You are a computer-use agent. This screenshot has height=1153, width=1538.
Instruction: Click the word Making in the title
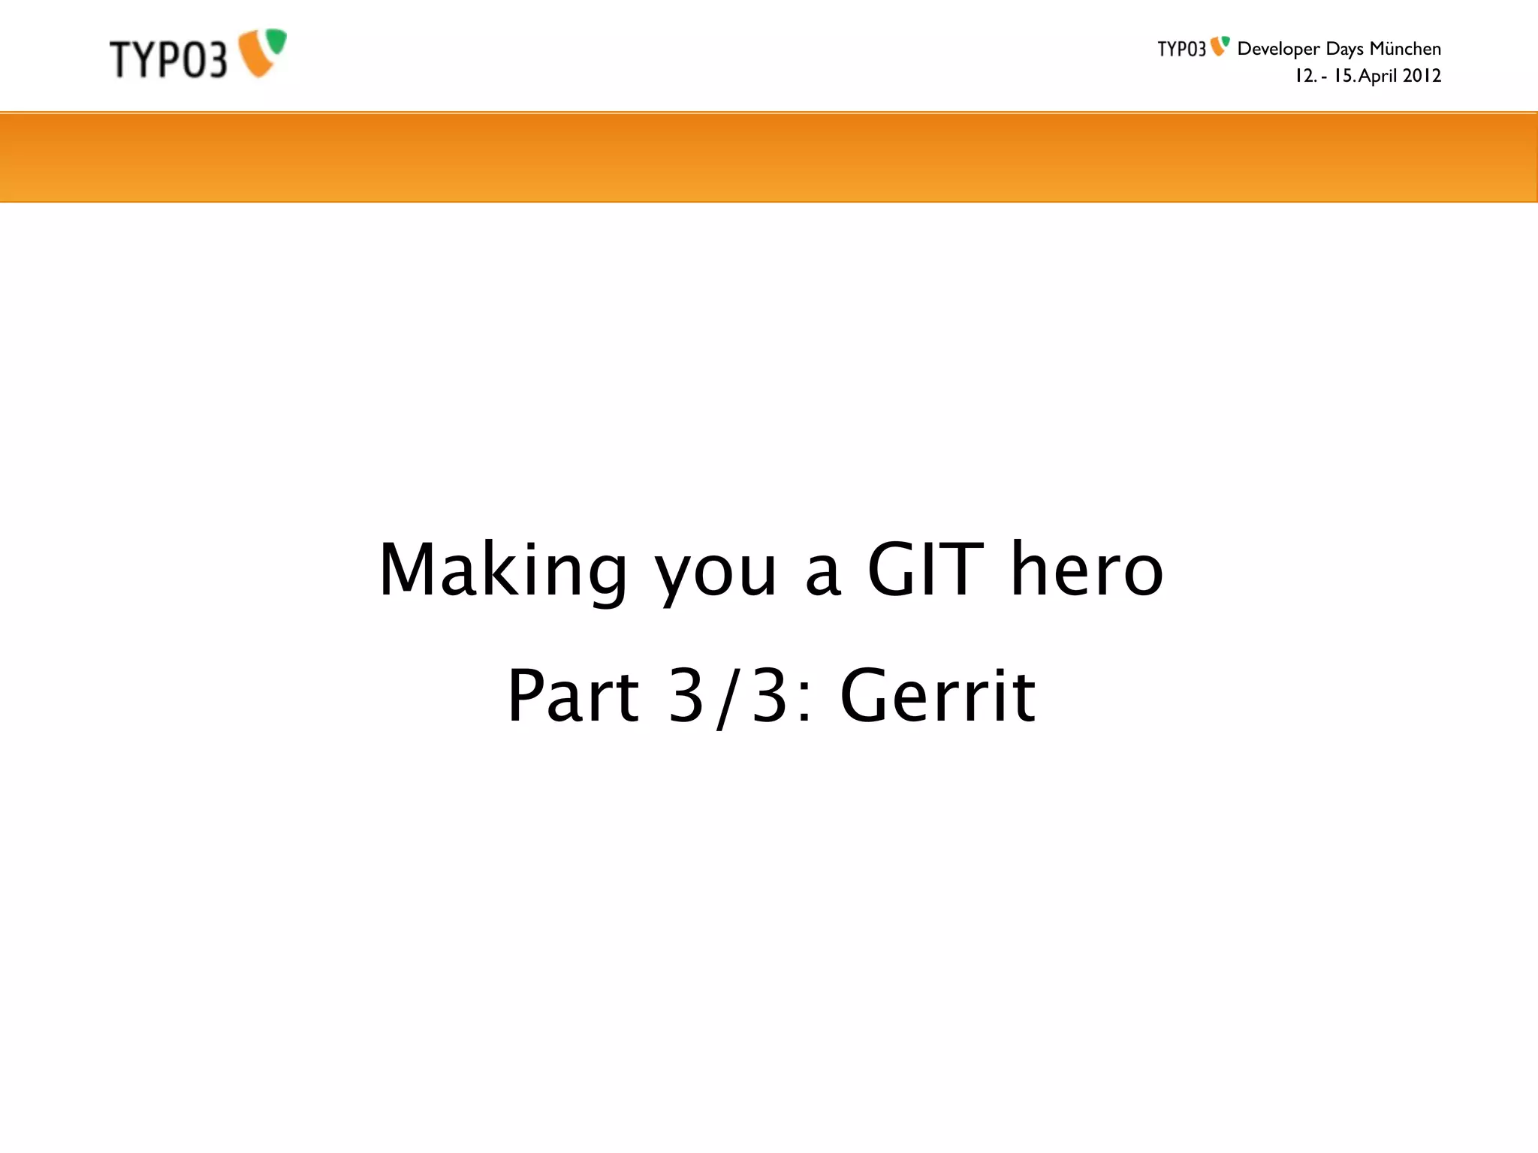tap(502, 570)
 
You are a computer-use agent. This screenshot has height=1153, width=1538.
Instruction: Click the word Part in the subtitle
tap(573, 696)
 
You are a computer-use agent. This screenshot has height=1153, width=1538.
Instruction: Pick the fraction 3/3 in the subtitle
tap(727, 697)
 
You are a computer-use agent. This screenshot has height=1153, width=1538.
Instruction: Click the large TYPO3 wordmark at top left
tap(167, 59)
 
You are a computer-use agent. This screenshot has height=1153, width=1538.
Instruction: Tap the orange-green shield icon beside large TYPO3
tap(262, 52)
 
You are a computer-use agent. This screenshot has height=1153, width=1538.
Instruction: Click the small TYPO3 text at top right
tap(1181, 50)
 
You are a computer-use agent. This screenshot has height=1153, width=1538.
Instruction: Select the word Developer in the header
tap(1278, 50)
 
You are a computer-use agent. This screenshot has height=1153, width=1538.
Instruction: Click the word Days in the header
tap(1344, 50)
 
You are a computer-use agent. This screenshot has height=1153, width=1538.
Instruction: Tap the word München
tap(1405, 49)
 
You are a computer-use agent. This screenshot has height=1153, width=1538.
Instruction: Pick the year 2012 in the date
tap(1422, 76)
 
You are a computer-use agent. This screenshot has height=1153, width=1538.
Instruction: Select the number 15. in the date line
tap(1344, 76)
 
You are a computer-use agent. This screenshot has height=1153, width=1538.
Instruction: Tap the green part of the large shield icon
tap(276, 41)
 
